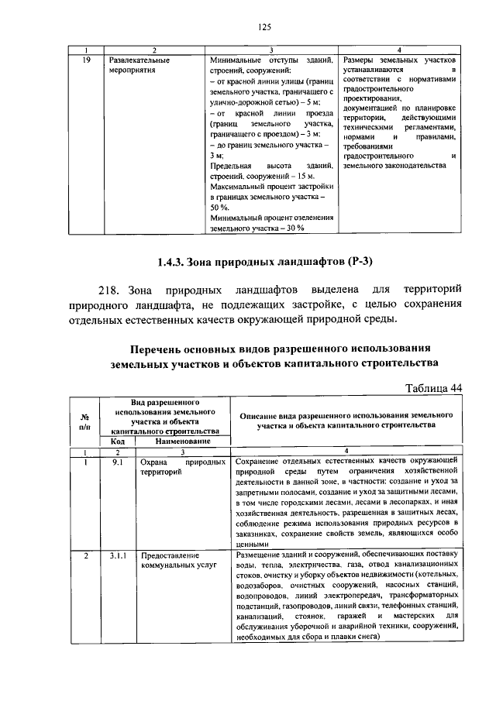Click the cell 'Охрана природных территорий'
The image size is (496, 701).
click(x=182, y=467)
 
